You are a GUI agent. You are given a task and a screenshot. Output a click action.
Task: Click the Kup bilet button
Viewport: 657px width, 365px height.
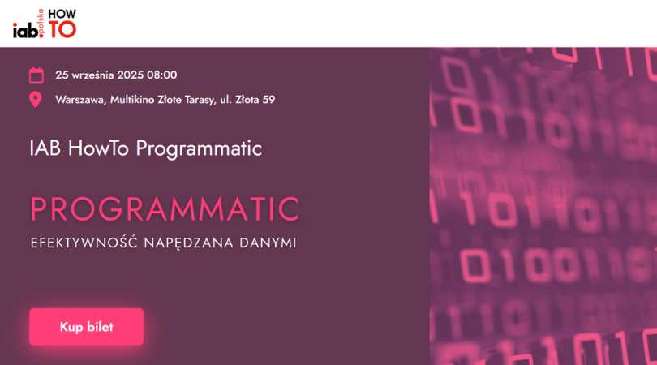[86, 326]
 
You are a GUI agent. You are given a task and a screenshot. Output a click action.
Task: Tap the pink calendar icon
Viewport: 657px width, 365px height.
[36, 75]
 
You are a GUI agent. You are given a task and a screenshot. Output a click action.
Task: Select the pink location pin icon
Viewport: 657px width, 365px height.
[36, 100]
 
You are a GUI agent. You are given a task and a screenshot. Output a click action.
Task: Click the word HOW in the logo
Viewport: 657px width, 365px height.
[62, 14]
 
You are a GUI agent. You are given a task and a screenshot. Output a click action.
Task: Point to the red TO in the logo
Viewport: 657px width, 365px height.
[62, 29]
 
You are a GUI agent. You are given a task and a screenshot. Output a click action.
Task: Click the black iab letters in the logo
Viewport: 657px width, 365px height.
[25, 30]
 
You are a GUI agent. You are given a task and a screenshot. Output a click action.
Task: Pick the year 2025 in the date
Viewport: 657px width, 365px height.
[131, 75]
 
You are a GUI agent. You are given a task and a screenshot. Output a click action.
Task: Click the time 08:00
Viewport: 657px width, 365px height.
[161, 75]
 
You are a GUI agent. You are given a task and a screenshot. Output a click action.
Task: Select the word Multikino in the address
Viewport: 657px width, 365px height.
[132, 100]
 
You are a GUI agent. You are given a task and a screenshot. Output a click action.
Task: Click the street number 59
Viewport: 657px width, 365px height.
[268, 100]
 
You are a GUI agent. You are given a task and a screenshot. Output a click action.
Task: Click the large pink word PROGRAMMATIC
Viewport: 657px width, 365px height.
[165, 208]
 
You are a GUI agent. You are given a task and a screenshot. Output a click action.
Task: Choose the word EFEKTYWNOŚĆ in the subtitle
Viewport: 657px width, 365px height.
[84, 243]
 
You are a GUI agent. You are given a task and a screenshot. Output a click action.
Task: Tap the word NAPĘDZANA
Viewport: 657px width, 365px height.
[188, 243]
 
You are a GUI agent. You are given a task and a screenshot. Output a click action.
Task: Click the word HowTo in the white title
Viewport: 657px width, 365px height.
[98, 148]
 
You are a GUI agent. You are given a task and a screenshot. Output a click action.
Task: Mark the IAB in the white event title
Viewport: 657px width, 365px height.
[45, 148]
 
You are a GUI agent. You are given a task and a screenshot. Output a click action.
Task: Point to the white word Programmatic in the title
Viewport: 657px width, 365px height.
[199, 149]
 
